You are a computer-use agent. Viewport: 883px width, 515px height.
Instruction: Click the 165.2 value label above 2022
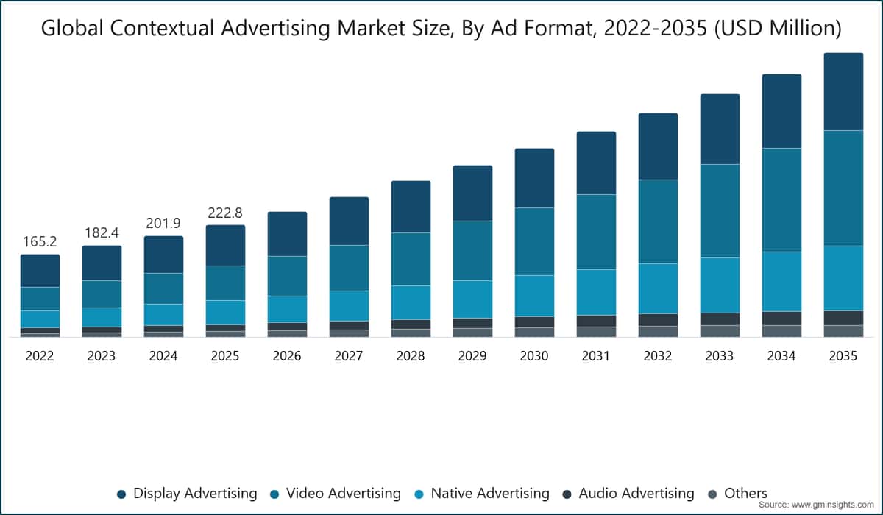click(x=40, y=241)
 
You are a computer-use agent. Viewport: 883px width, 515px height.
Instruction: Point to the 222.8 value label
click(x=225, y=213)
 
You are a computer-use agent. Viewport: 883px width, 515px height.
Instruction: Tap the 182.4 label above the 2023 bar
click(x=102, y=232)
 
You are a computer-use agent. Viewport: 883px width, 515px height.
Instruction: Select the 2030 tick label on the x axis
click(x=534, y=356)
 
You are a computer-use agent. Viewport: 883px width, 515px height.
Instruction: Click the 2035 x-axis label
click(x=843, y=356)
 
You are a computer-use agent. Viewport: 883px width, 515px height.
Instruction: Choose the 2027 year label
click(x=349, y=356)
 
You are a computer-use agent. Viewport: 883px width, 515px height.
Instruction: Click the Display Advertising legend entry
click(x=187, y=494)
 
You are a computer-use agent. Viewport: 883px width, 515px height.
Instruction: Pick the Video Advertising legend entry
click(x=336, y=494)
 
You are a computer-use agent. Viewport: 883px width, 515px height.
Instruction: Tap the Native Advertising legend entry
click(x=482, y=494)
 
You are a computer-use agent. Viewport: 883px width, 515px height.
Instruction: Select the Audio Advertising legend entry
click(x=628, y=494)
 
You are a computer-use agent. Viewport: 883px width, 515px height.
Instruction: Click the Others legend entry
click(x=738, y=494)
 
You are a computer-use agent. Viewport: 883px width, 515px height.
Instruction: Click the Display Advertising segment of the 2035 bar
click(x=843, y=91)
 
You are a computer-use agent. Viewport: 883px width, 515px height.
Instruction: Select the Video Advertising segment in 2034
click(x=781, y=200)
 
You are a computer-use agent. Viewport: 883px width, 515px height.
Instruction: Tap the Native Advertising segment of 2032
click(x=659, y=288)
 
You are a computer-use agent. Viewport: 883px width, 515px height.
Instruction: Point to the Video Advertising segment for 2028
click(x=411, y=259)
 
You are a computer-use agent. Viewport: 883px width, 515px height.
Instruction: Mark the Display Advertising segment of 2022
click(x=40, y=271)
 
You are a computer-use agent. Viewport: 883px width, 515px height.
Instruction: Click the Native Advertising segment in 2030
click(x=534, y=296)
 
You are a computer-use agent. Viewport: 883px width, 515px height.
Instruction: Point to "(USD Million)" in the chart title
click(x=778, y=29)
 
